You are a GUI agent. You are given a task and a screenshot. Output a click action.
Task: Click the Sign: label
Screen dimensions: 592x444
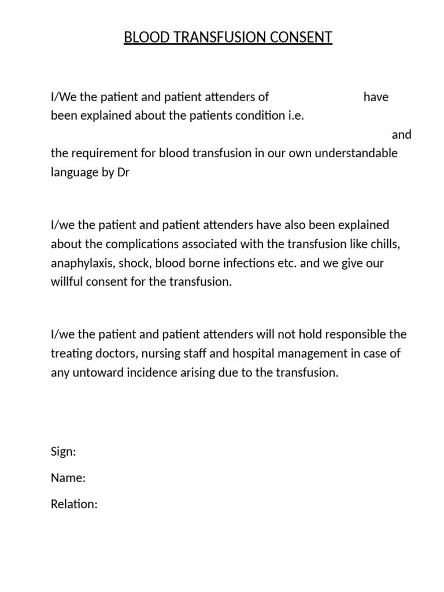click(x=63, y=452)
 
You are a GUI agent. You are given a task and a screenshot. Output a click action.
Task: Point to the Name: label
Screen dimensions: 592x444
click(x=68, y=478)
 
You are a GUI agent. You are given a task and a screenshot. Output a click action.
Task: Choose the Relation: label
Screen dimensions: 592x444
click(x=74, y=504)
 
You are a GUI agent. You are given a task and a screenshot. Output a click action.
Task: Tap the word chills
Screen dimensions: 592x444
click(x=385, y=244)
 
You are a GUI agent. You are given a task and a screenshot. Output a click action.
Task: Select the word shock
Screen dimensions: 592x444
click(x=133, y=264)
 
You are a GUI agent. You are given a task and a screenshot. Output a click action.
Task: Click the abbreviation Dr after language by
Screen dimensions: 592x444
click(x=123, y=173)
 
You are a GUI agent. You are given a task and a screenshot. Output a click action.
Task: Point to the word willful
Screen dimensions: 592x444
click(x=67, y=283)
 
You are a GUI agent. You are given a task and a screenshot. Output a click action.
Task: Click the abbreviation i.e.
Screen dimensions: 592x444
click(x=295, y=115)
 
